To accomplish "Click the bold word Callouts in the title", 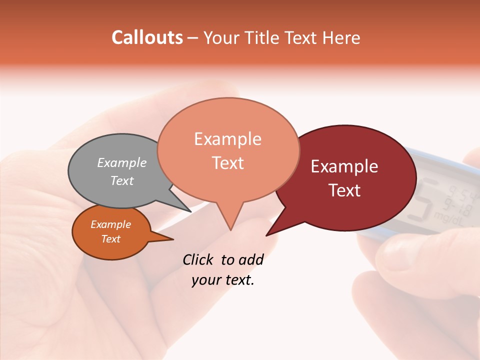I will click(x=147, y=37).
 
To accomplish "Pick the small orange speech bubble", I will click(x=111, y=232).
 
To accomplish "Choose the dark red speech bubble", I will click(x=350, y=178).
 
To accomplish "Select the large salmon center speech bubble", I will click(x=228, y=150).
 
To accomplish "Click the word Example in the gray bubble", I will click(x=122, y=162).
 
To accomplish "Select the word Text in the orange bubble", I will click(x=111, y=239).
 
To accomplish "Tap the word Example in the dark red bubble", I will click(x=344, y=166).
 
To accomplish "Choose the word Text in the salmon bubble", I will click(x=228, y=163).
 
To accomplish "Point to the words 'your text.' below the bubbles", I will click(x=223, y=280).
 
